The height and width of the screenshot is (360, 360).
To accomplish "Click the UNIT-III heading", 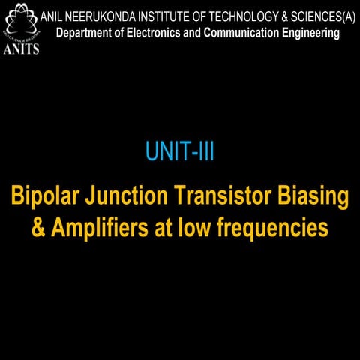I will [x=180, y=153].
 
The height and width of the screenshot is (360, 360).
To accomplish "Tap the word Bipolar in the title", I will [x=43, y=197].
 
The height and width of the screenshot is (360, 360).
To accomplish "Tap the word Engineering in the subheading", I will [x=313, y=34].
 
